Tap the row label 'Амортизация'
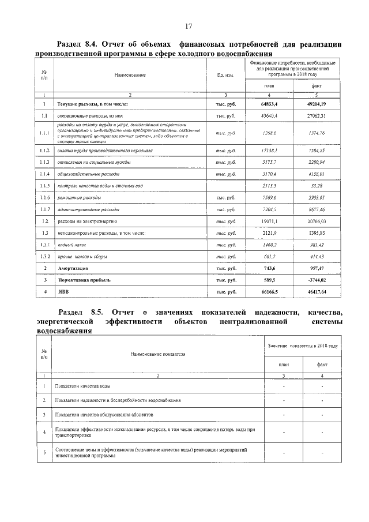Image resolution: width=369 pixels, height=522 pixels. click(x=72, y=269)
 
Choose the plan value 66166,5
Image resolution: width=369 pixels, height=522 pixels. click(x=269, y=292)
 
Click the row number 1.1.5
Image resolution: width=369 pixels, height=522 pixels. click(x=44, y=185)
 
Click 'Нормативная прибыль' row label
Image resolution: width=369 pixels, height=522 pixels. click(x=84, y=280)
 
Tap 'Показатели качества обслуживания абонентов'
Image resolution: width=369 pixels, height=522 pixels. click(x=104, y=414)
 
